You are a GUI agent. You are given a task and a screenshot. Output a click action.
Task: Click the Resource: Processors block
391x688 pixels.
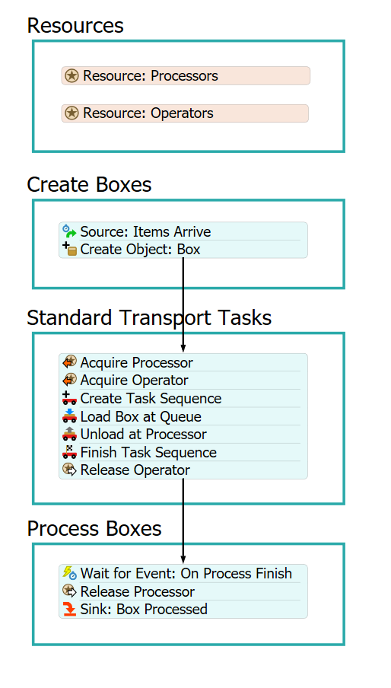tap(186, 76)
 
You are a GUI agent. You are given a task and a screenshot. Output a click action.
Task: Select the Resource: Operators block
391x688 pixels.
tap(185, 113)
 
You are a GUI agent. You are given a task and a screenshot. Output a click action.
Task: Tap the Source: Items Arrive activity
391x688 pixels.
tap(183, 231)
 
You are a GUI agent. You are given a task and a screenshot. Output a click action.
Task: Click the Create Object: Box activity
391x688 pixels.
tap(183, 249)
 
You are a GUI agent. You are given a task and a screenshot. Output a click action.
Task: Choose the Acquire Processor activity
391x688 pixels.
tap(183, 362)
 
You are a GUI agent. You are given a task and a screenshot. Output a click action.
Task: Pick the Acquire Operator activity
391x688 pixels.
tap(183, 381)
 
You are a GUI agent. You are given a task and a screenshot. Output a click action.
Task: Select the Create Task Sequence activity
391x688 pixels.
tap(183, 398)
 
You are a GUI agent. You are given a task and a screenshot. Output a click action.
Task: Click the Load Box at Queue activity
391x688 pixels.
tap(183, 416)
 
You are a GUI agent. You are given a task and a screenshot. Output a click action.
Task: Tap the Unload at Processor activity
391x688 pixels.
tap(183, 435)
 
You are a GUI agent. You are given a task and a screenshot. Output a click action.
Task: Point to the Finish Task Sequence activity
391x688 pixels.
tap(183, 452)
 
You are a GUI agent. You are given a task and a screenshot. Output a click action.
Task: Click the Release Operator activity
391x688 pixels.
tap(183, 470)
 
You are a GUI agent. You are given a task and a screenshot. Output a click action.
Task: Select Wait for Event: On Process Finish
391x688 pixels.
tap(183, 574)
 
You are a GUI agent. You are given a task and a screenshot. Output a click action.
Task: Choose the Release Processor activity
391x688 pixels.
tap(183, 591)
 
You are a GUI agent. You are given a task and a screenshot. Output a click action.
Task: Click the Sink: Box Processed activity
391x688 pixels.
tap(183, 609)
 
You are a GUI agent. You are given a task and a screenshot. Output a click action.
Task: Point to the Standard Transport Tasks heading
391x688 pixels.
tap(149, 317)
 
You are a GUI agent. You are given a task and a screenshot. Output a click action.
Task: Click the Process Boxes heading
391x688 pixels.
tap(94, 529)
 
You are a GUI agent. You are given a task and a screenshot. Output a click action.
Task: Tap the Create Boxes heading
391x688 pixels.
tap(89, 185)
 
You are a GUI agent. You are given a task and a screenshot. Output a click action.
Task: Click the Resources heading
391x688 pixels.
tap(75, 25)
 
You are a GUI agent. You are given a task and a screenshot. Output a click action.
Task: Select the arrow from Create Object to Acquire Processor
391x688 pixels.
tap(183, 305)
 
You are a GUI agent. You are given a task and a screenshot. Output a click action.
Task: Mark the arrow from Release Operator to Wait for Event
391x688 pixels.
tap(183, 521)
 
